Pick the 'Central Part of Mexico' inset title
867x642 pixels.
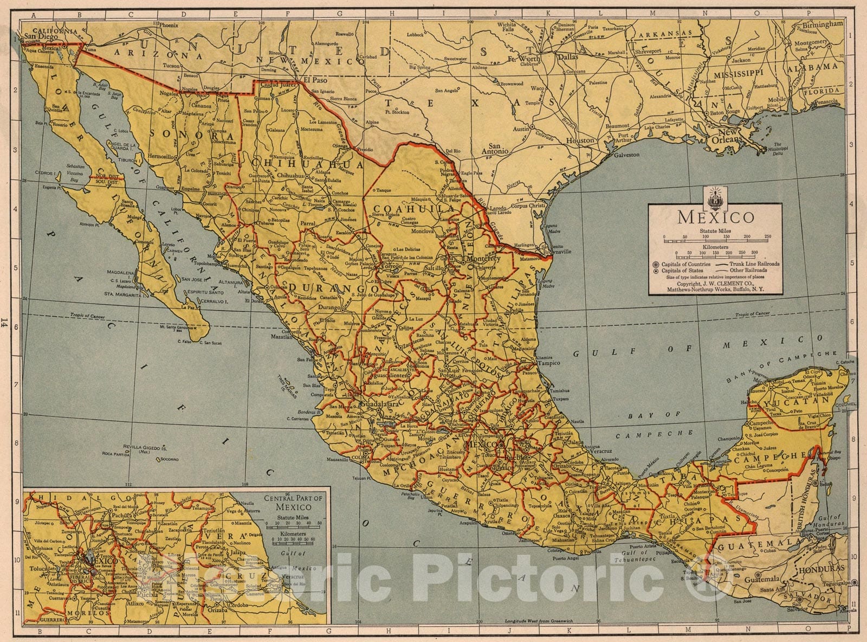tap(293, 503)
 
